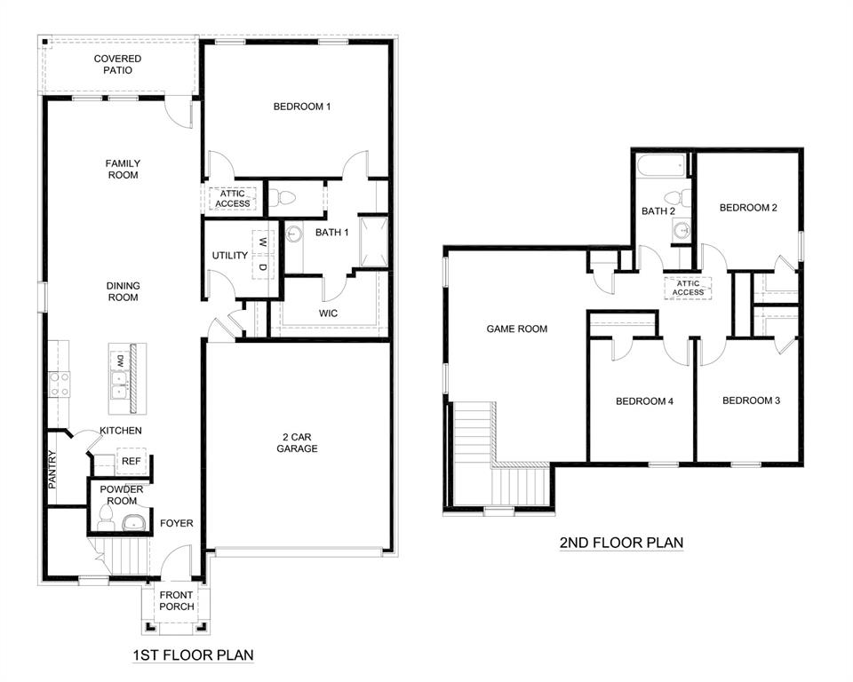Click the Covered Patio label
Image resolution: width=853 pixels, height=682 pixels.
click(118, 64)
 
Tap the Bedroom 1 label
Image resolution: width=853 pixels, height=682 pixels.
click(301, 107)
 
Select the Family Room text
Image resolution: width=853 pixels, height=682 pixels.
click(123, 169)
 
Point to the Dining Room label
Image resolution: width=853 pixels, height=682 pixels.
click(123, 291)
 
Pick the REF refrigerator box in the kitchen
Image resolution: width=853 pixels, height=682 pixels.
click(130, 462)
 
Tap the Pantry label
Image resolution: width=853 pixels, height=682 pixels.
click(52, 471)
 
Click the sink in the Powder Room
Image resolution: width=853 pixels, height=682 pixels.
click(132, 522)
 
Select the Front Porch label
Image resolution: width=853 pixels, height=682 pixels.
click(176, 601)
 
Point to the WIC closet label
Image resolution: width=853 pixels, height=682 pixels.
click(329, 313)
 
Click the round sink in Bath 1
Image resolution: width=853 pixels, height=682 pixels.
click(294, 234)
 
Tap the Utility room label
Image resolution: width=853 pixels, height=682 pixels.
click(229, 256)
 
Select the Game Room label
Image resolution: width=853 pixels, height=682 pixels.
click(516, 329)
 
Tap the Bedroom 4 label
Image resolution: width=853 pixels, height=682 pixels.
click(644, 401)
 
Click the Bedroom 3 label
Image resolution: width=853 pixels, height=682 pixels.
click(751, 400)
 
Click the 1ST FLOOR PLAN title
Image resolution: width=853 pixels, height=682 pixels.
click(193, 655)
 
